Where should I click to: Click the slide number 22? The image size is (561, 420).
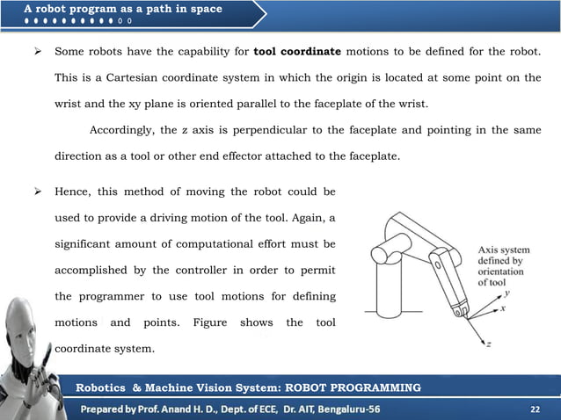(x=535, y=409)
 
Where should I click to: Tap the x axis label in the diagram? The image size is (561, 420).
(x=503, y=310)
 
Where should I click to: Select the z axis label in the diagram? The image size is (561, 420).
(x=488, y=344)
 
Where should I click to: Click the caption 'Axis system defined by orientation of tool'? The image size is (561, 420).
(x=502, y=265)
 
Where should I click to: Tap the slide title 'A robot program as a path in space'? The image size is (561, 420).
(x=123, y=9)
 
